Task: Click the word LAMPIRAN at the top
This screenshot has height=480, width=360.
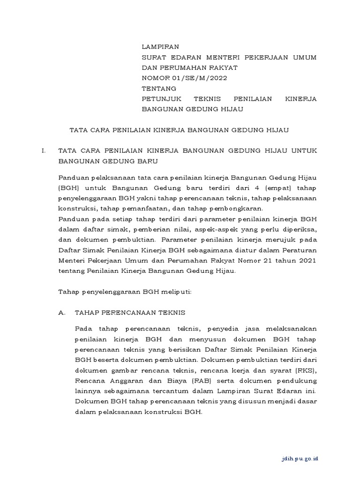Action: (160, 47)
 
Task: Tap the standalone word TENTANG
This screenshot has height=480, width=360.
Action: (159, 89)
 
